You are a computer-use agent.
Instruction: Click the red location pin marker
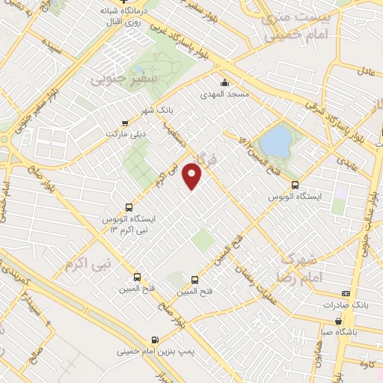[193, 176]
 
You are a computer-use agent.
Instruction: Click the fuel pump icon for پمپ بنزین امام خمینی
[155, 339]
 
